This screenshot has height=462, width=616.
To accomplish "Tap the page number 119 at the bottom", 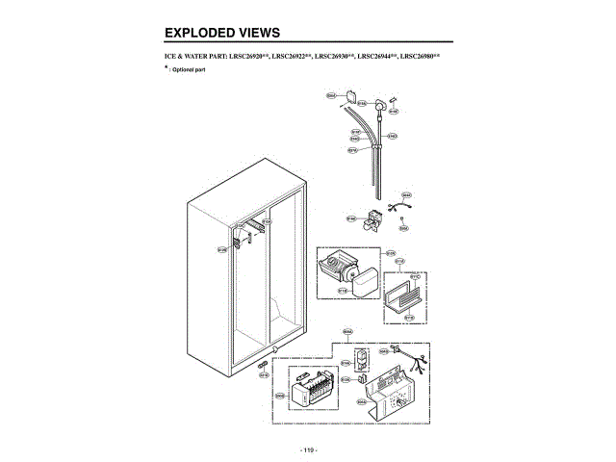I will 308,449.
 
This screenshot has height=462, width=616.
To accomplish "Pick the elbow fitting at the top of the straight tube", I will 383,106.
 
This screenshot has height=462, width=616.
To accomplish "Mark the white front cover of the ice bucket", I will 367,284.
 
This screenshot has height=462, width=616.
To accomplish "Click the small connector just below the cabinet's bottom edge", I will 262,365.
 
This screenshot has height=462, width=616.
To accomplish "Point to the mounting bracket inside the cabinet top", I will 252,228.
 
